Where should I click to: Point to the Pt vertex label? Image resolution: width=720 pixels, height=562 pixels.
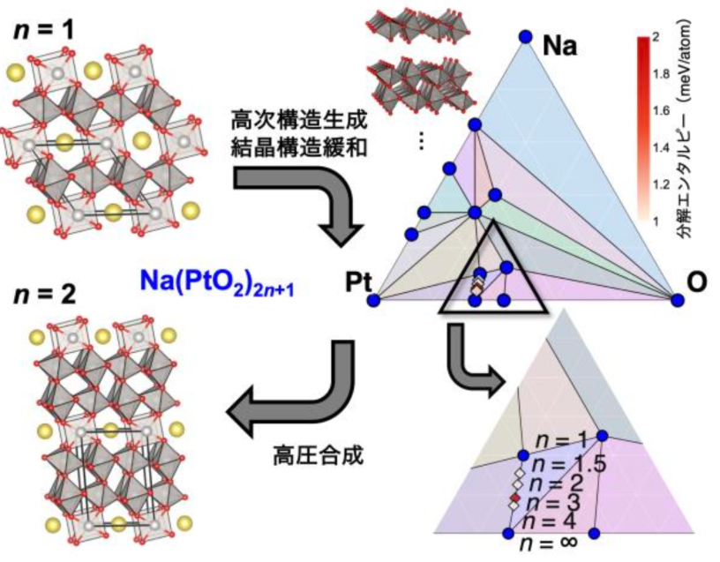[356, 283]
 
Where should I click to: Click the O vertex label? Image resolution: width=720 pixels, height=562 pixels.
[697, 283]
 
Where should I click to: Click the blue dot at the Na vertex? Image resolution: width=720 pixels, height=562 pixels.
[525, 36]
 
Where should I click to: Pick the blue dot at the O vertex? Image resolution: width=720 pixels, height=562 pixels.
[677, 300]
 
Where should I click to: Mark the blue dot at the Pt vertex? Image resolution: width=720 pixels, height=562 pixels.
[373, 301]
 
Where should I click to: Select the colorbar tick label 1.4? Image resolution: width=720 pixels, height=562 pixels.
[659, 149]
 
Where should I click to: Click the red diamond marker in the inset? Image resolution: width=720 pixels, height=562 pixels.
[514, 501]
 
